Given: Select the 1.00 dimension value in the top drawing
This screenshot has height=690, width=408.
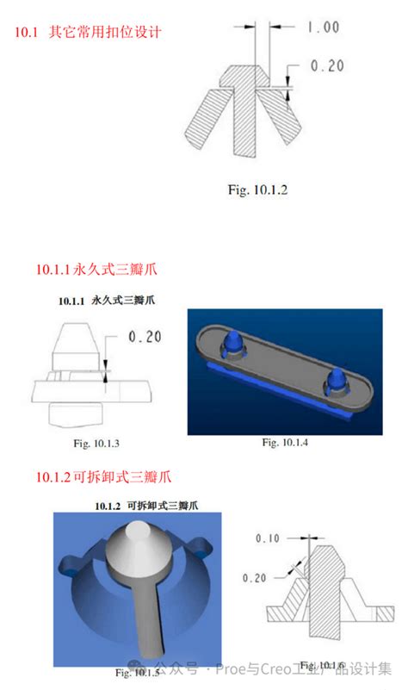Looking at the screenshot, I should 322,28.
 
